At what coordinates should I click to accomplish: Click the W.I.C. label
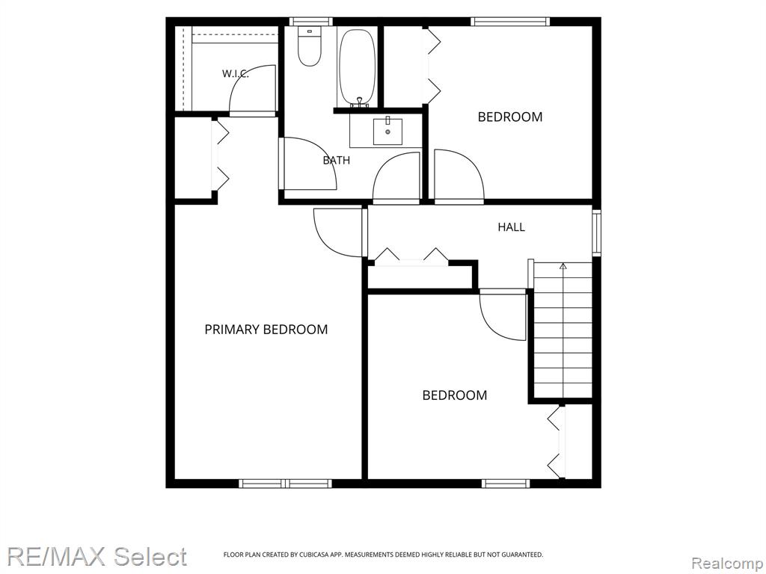236,74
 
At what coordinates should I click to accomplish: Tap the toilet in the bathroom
309,47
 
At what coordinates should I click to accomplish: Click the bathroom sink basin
388,132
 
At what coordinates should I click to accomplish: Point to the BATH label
337,160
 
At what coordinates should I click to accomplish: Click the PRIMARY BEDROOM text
266,330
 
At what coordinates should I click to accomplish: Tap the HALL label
512,227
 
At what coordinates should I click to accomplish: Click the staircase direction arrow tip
563,265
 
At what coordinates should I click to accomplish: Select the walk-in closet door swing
253,90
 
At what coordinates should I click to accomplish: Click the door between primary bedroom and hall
340,232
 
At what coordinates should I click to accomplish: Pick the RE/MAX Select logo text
96,557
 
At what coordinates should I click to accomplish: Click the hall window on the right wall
596,232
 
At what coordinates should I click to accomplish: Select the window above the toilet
310,22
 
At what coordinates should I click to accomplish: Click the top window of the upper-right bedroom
510,22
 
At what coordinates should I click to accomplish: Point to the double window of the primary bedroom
285,484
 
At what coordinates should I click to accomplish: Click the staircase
563,330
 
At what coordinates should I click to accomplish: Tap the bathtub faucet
360,102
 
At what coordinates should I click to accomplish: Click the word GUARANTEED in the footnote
524,555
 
